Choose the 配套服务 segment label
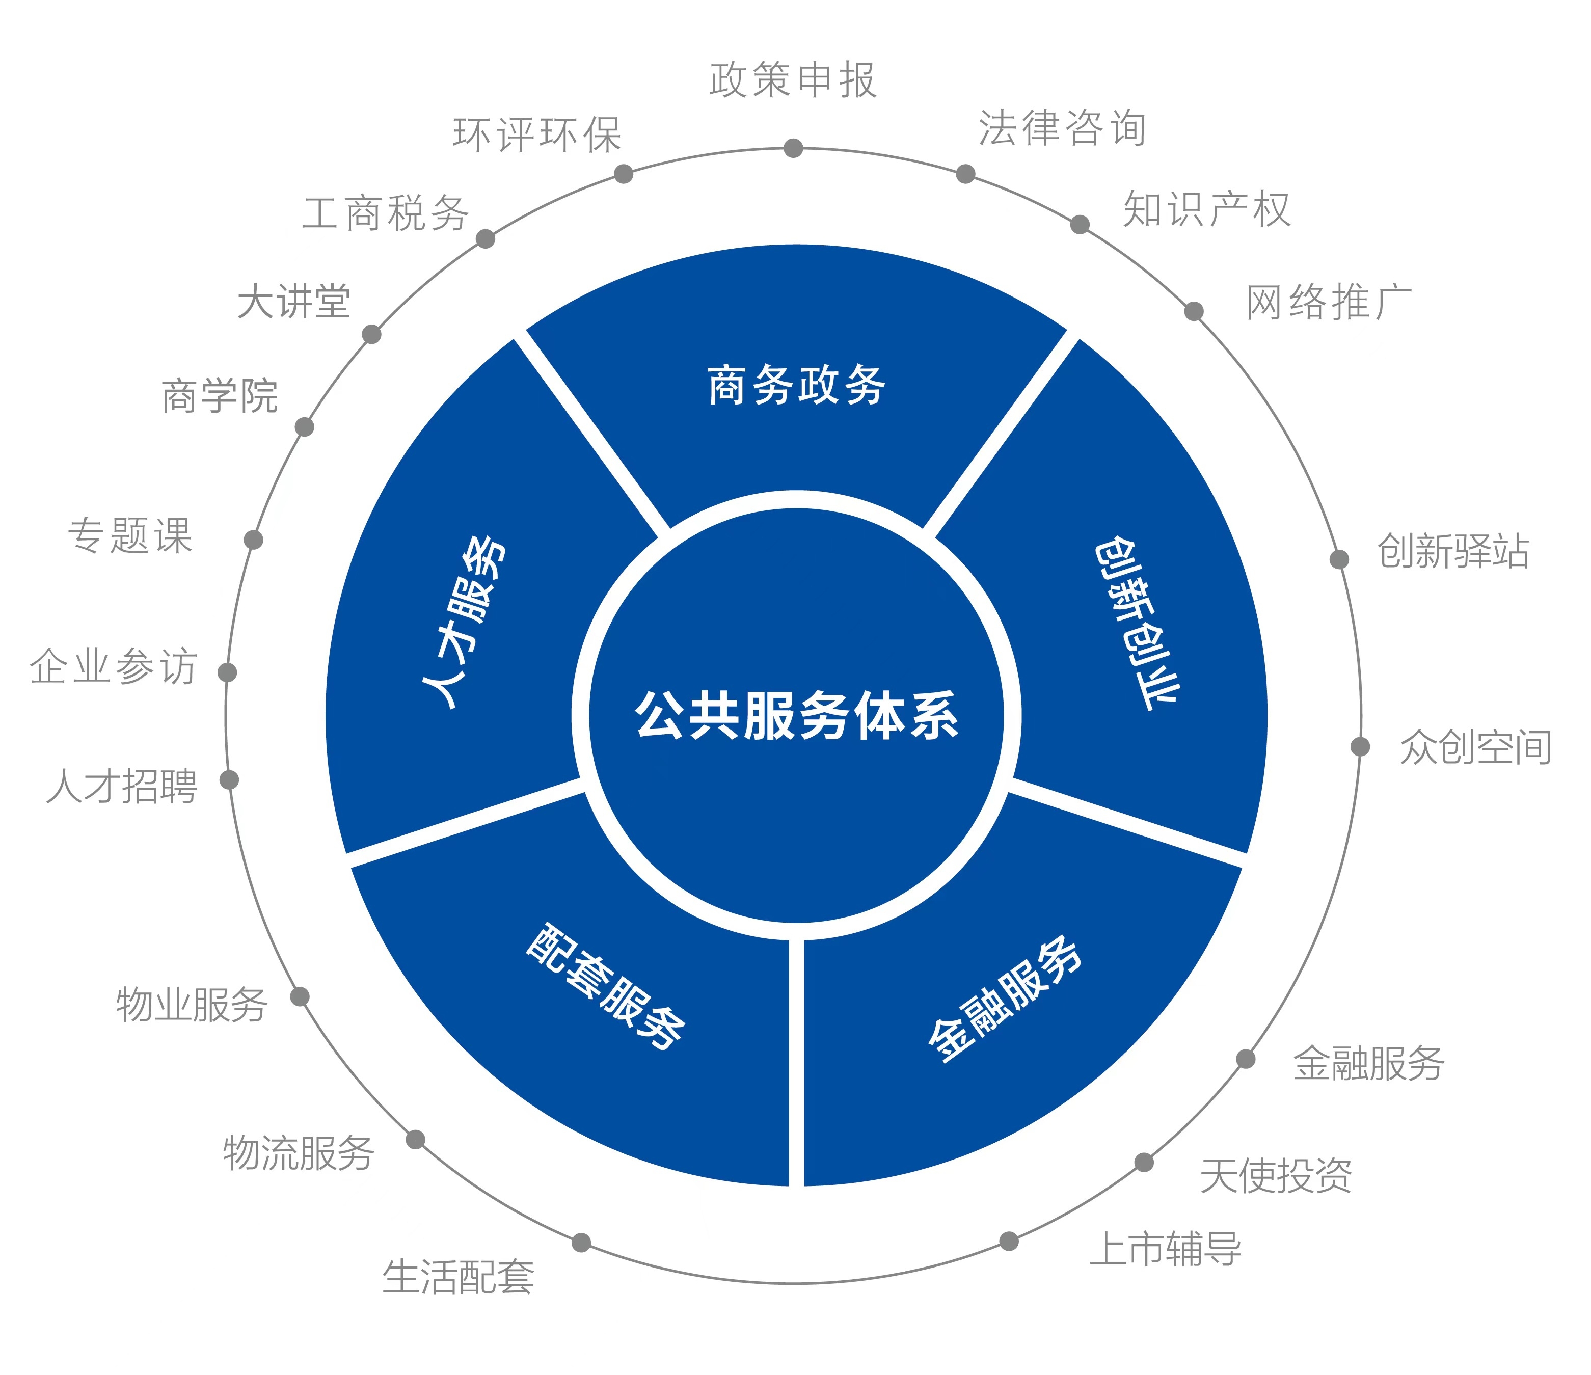[606, 986]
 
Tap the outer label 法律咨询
[1062, 128]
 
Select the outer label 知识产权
[1206, 209]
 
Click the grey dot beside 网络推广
[1193, 311]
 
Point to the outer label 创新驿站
[1453, 551]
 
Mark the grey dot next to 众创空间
[1360, 746]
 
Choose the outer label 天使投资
[1276, 1176]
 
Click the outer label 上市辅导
[1165, 1249]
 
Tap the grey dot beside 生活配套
[581, 1242]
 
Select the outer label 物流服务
[299, 1153]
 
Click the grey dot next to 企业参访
[227, 672]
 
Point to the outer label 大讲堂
[293, 301]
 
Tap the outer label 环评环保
[537, 135]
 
